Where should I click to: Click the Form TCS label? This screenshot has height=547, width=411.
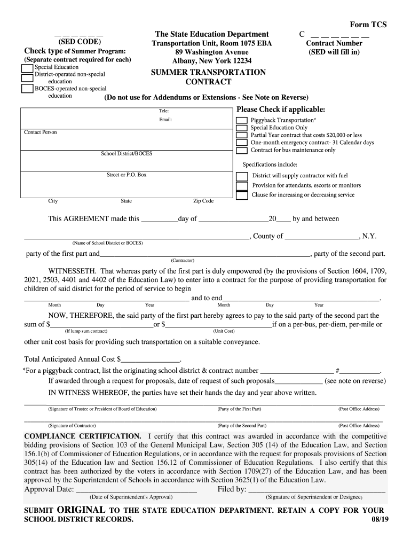click(368, 25)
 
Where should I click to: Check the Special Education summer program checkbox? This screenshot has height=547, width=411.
click(27, 68)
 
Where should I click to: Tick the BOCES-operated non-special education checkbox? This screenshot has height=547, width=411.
click(27, 89)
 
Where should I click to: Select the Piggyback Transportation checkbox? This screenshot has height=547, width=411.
click(242, 121)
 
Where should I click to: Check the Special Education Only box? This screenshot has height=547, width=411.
click(242, 128)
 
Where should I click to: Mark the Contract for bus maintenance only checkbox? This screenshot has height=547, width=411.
click(242, 151)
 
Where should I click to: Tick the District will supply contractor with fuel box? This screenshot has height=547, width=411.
click(242, 176)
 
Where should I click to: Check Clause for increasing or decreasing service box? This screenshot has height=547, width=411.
click(242, 195)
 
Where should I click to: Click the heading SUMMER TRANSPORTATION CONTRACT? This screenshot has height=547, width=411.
click(208, 77)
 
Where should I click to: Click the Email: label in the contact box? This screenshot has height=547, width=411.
click(165, 120)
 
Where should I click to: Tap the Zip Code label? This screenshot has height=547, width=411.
click(203, 201)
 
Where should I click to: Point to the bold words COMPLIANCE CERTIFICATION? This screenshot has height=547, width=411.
click(83, 436)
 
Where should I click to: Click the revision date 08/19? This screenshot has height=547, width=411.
click(376, 520)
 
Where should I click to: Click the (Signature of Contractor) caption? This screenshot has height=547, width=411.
click(72, 426)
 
